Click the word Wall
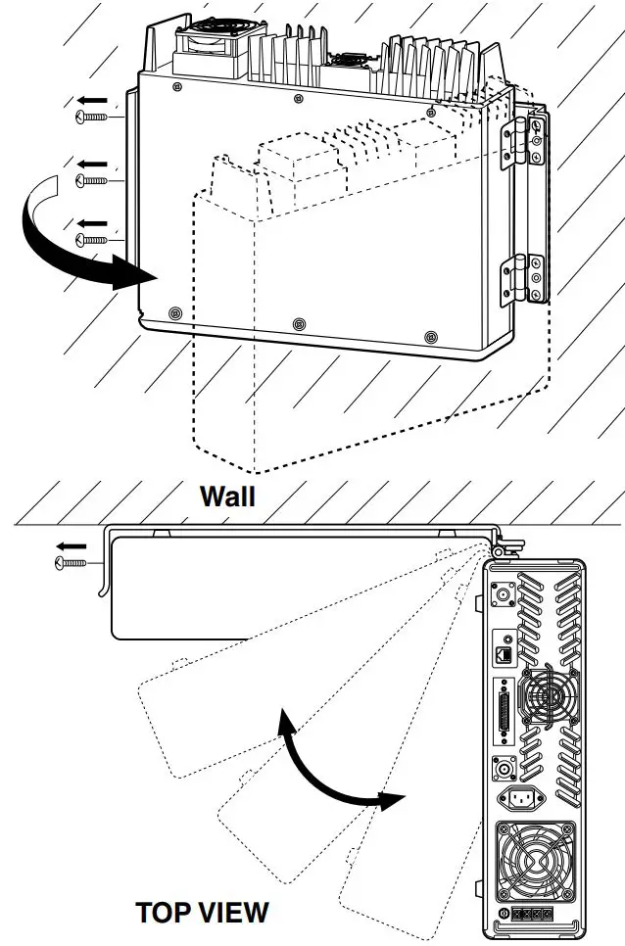coord(227,496)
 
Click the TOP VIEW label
coord(201,913)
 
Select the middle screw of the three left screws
coord(92,180)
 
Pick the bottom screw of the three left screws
coord(92,239)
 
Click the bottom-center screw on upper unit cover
coord(299,322)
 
